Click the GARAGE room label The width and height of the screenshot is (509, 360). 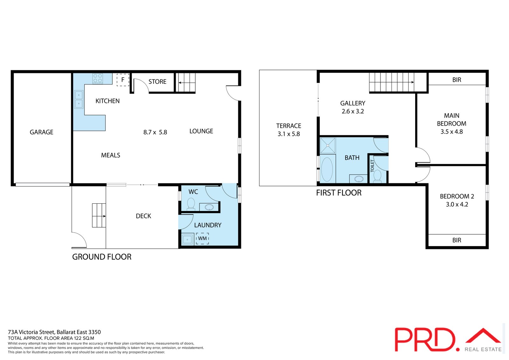click(x=42, y=132)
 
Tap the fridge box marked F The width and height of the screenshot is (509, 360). click(x=123, y=80)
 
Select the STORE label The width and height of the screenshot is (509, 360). click(x=157, y=81)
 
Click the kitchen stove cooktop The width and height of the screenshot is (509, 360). click(x=98, y=78)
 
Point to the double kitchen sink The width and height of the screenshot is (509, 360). click(x=79, y=99)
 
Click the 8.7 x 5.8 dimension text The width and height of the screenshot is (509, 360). click(x=155, y=132)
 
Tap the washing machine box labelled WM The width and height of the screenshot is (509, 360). click(x=202, y=238)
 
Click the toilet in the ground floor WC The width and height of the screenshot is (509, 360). click(x=191, y=203)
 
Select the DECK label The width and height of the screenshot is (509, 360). click(x=143, y=216)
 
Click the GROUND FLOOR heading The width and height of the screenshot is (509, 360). click(x=102, y=257)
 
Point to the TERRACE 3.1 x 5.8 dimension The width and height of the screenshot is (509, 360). click(x=289, y=134)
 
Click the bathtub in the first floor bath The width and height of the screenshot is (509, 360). click(x=327, y=169)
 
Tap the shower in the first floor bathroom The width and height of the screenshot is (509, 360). click(x=327, y=145)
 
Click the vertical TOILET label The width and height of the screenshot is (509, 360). click(x=372, y=166)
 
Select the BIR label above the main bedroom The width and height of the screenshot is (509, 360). click(x=457, y=80)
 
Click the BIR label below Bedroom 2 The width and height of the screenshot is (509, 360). click(x=457, y=240)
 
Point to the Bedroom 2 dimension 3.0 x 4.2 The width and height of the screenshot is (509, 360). click(x=457, y=204)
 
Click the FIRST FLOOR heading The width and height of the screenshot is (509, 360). click(x=339, y=193)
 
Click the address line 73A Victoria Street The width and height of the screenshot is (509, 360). click(x=54, y=332)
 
